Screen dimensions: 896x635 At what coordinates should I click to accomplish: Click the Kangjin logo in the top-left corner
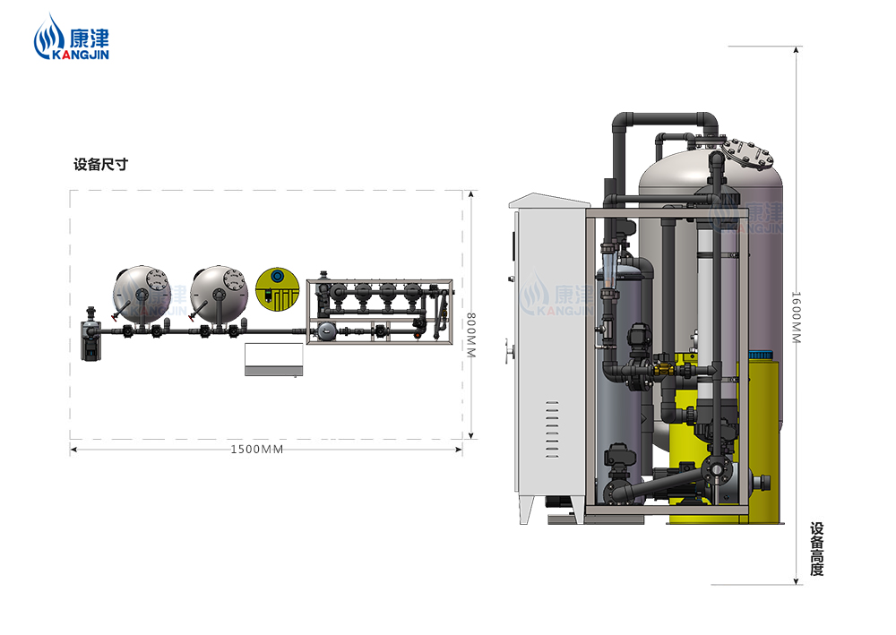pyautogui.click(x=71, y=38)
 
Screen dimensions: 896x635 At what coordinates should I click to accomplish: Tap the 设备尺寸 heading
pyautogui.click(x=100, y=165)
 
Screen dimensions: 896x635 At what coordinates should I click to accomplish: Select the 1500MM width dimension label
pyautogui.click(x=256, y=450)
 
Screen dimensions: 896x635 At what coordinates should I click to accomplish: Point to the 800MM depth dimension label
pyautogui.click(x=471, y=335)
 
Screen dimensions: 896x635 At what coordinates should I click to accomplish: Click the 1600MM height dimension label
pyautogui.click(x=796, y=317)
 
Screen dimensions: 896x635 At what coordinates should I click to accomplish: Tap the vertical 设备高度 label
pyautogui.click(x=816, y=549)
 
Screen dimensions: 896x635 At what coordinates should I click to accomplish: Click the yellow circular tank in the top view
pyautogui.click(x=277, y=289)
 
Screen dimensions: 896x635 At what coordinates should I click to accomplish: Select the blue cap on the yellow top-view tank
pyautogui.click(x=277, y=277)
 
